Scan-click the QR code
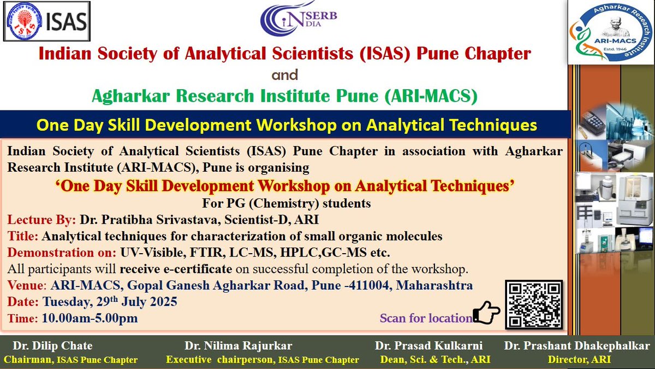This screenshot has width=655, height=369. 533,304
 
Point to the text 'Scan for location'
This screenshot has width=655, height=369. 426,318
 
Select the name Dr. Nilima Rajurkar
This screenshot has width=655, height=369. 239,346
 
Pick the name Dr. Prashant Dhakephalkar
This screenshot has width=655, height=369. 577,346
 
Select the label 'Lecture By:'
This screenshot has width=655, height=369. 41,220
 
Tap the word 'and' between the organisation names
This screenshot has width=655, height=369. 284,74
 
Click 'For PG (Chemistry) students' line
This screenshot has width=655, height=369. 287,203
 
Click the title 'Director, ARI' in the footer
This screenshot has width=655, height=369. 577,359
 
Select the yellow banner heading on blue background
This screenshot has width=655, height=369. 286,125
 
